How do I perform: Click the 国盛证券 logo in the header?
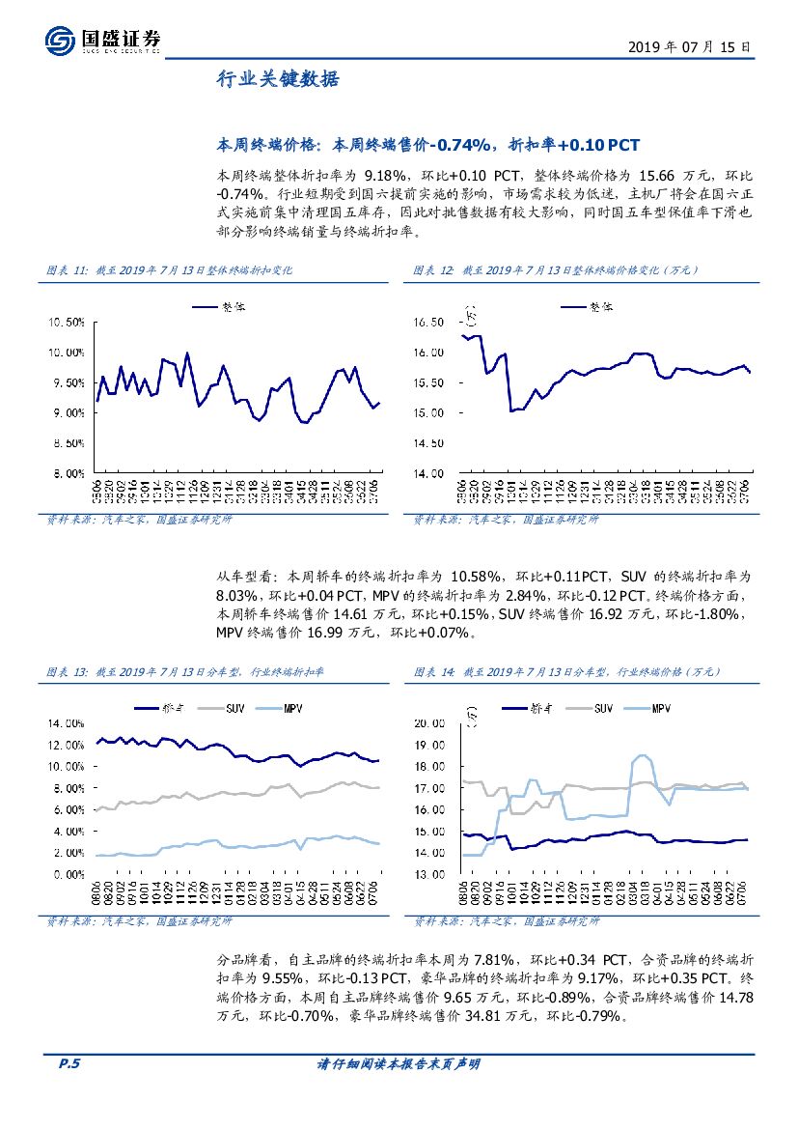102,40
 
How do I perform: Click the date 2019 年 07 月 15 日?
688,46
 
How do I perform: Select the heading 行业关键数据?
277,80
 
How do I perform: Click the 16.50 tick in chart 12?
428,322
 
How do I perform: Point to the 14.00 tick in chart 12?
428,473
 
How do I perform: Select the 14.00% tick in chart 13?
66,723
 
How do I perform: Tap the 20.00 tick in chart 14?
428,723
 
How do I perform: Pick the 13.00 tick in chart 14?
428,874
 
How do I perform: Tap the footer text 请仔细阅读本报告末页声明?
399,1064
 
